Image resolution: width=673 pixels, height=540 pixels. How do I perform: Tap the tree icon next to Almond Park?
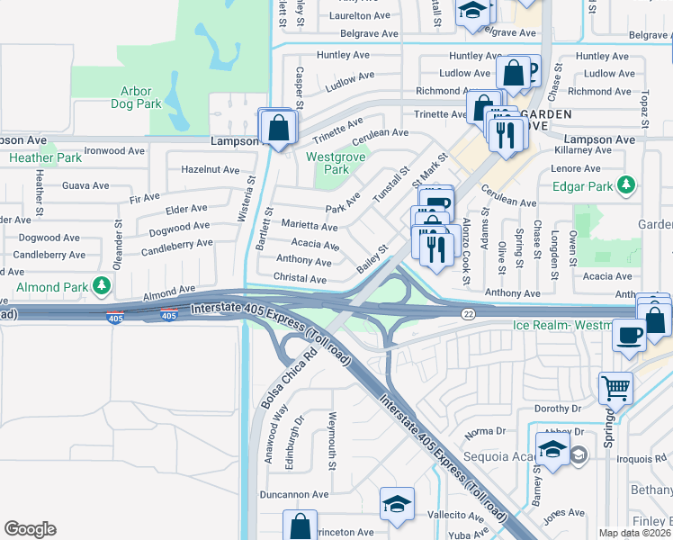pos(103,286)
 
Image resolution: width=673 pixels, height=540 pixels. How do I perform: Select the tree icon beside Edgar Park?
pos(627,186)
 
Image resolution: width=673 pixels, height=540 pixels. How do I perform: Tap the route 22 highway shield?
pos(469,312)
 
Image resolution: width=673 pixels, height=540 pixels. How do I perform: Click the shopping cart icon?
pos(615,389)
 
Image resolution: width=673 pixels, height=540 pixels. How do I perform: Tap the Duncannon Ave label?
pos(292,494)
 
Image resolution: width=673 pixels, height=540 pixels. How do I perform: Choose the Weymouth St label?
pos(332,441)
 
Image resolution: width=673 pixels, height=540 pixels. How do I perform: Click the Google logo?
pos(30,529)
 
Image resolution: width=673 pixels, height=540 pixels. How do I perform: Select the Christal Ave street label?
pos(300,279)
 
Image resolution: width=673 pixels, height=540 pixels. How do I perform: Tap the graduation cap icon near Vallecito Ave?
pos(397,506)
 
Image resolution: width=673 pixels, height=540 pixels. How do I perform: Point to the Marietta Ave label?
pos(310,226)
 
